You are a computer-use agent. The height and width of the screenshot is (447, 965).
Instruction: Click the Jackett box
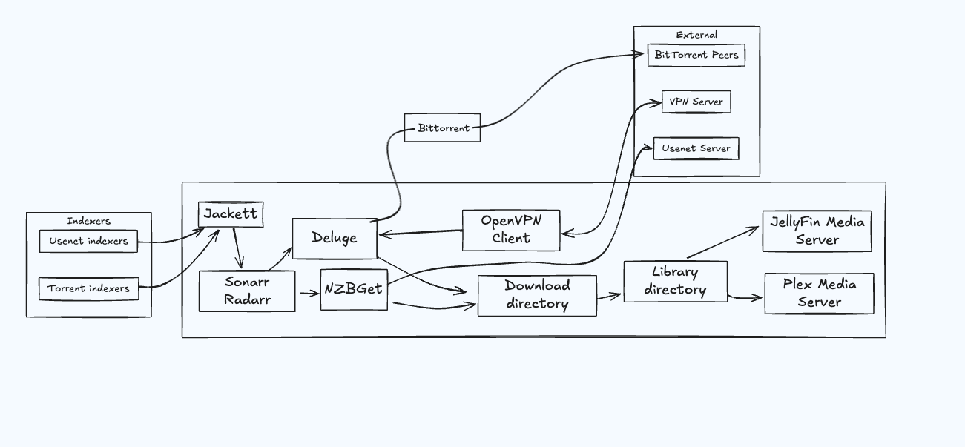(231, 215)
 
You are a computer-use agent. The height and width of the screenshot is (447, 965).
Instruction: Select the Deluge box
(335, 238)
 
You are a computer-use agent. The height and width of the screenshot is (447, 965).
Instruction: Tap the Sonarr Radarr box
(247, 291)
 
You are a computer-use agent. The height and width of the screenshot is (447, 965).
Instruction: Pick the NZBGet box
(354, 288)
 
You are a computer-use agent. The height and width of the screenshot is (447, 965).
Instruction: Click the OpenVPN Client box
(511, 230)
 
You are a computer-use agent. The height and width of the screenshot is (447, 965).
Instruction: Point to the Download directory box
(537, 295)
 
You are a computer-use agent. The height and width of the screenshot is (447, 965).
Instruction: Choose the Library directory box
(675, 281)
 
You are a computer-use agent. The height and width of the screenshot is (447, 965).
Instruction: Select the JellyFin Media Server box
(817, 231)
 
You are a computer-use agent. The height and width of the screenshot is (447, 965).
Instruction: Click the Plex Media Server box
(819, 294)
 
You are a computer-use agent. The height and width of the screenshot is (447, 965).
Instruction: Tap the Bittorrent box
(443, 128)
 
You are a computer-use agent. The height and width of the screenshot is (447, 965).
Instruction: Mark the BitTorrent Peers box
(696, 55)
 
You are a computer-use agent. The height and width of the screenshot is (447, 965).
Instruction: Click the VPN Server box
(696, 102)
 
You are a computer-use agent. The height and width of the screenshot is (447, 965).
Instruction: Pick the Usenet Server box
(696, 148)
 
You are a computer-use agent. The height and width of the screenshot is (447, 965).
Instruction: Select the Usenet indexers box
(88, 241)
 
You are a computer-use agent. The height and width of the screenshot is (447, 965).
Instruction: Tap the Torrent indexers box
(88, 288)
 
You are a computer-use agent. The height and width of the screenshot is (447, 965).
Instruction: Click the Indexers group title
(88, 221)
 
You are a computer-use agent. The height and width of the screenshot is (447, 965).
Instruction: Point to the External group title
(696, 35)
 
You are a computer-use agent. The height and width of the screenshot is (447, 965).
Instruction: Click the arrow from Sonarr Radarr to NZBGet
(309, 293)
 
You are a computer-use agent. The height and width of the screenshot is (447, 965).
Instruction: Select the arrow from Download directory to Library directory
(609, 297)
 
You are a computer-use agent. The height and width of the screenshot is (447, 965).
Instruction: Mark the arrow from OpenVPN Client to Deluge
(420, 233)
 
